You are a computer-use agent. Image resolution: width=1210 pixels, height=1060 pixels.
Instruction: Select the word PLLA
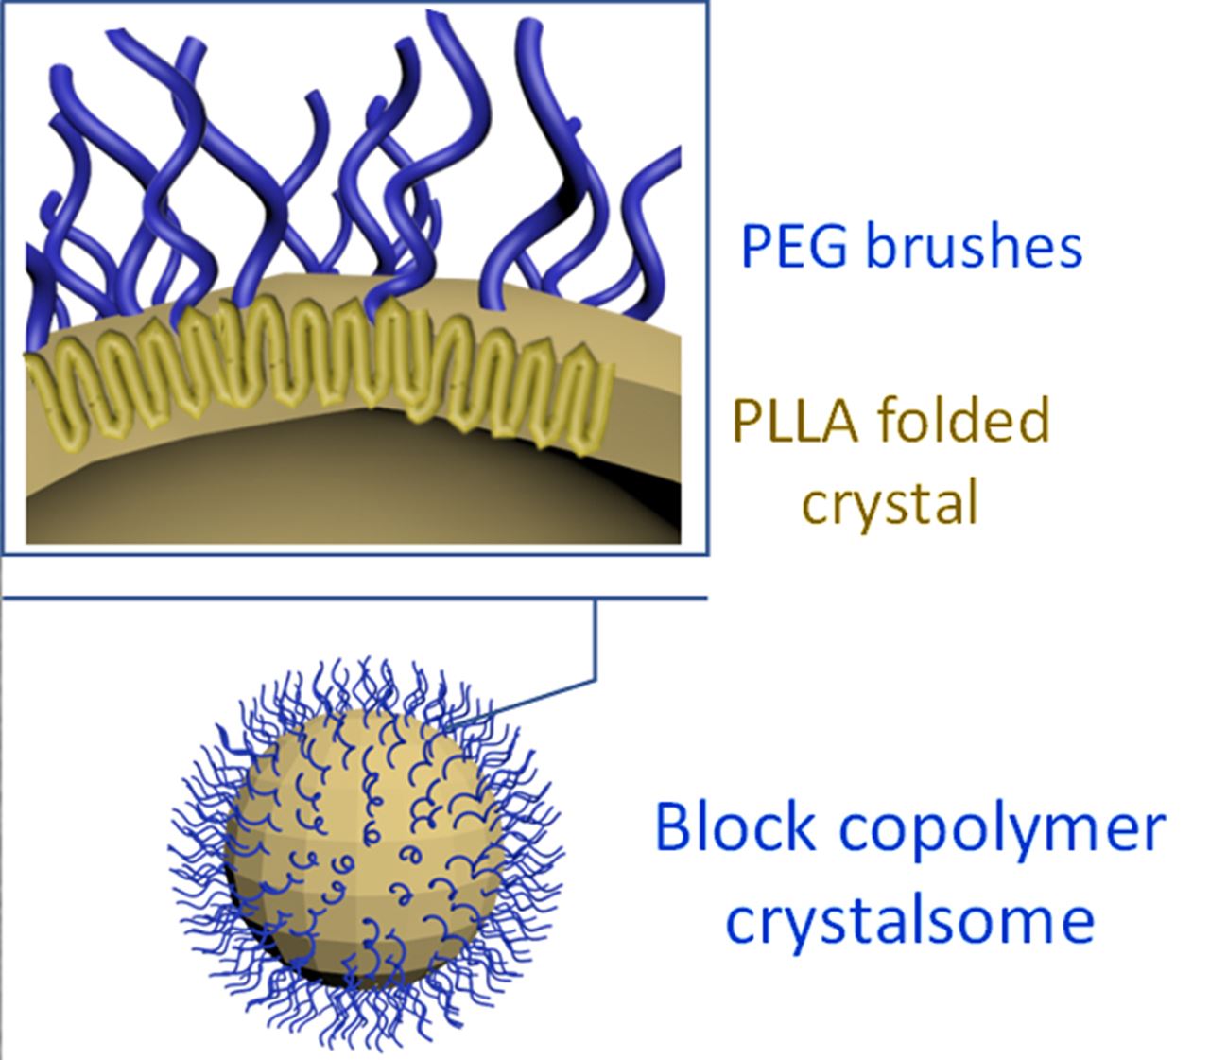tap(797, 421)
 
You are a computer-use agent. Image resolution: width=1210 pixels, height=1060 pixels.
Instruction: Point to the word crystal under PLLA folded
tap(889, 502)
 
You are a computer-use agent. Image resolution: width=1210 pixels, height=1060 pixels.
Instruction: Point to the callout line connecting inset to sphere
tap(596, 652)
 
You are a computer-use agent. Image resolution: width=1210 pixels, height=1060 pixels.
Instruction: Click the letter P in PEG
tap(754, 246)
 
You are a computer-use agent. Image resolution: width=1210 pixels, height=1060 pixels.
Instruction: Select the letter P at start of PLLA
tap(747, 421)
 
